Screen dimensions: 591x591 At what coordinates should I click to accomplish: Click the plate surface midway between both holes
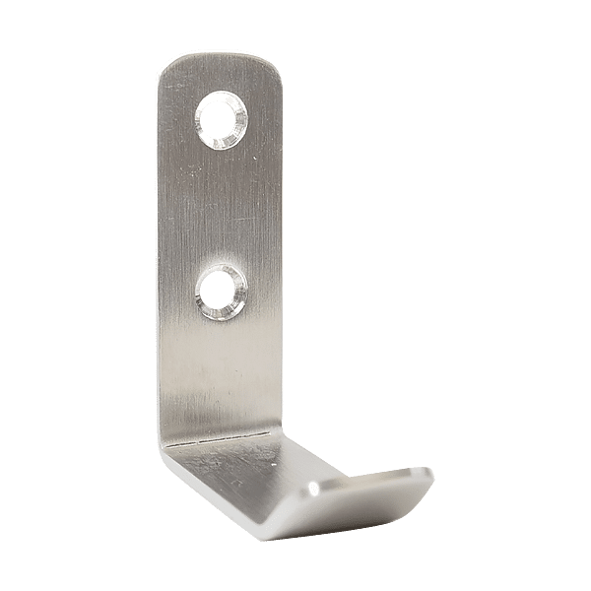[221, 207]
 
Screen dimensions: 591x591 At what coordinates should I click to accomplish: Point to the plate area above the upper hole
[223, 77]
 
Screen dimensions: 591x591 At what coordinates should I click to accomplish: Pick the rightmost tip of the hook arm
[431, 480]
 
